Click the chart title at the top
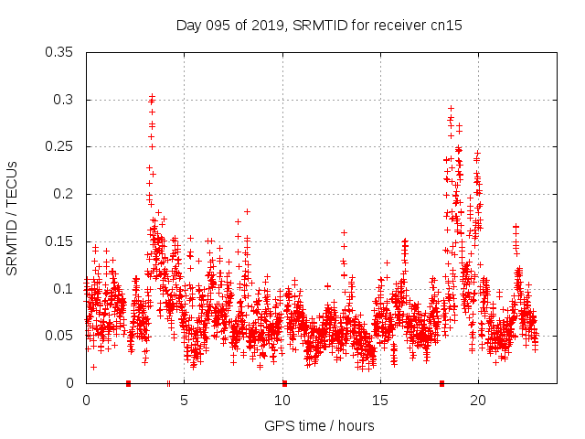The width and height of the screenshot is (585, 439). [x=319, y=26]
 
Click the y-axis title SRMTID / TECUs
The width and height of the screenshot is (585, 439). [x=13, y=218]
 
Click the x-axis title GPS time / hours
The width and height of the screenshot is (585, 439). [x=319, y=425]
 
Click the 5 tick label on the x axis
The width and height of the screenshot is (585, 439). [x=185, y=401]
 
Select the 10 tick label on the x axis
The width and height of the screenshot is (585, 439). [x=282, y=401]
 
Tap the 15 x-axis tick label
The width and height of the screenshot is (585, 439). [x=380, y=401]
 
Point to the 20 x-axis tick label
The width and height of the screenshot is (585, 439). [x=478, y=401]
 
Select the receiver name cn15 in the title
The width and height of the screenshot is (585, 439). [x=447, y=26]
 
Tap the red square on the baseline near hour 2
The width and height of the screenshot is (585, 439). [x=128, y=383]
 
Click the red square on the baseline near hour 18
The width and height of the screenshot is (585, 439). [x=441, y=383]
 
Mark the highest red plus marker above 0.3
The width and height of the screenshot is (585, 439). [x=153, y=95]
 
